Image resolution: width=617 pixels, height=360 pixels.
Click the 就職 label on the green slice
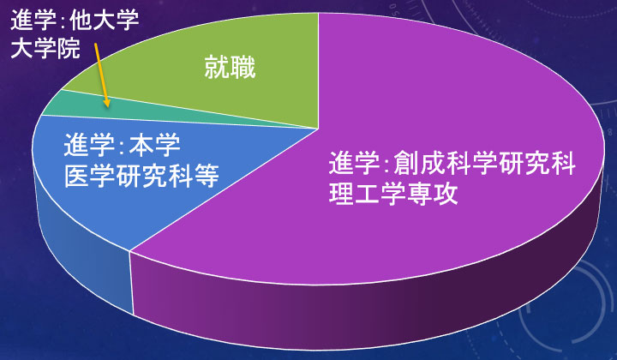(231, 68)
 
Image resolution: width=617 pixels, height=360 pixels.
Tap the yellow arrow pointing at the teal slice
(101, 75)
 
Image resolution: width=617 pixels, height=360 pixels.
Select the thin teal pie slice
(118, 108)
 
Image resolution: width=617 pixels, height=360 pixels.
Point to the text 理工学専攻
(393, 193)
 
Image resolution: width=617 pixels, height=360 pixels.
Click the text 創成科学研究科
(484, 163)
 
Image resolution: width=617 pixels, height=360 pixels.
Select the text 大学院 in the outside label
(45, 48)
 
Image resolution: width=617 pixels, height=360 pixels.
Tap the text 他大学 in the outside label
(105, 20)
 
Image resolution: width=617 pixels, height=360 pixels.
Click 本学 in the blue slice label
(154, 144)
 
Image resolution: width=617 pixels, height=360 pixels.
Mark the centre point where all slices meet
(318, 129)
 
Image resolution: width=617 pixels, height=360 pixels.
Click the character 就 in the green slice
(217, 68)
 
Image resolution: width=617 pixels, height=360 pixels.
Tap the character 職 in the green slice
(243, 68)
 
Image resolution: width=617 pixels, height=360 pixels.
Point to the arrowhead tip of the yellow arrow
(107, 106)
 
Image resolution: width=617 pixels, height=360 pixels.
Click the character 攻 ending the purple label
(446, 193)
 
